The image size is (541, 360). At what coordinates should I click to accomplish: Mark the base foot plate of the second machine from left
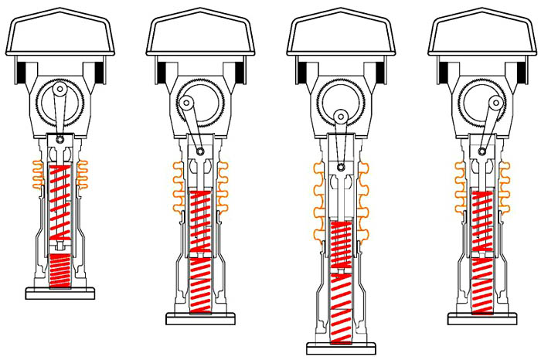(x=201, y=318)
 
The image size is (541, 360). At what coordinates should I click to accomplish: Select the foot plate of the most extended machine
(x=341, y=348)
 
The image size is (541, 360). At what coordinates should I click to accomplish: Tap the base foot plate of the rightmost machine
(x=483, y=318)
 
